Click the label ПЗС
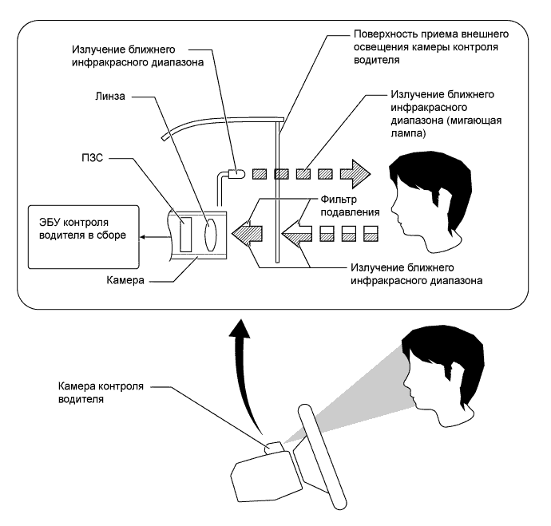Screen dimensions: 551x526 click(93, 158)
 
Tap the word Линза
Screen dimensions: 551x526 click(110, 97)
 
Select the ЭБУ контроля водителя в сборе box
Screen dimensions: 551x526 click(84, 237)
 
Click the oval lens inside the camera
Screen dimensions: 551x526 click(211, 235)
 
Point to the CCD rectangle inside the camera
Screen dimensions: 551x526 click(186, 235)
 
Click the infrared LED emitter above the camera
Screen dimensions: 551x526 click(236, 174)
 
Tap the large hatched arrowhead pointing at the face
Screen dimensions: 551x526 click(355, 174)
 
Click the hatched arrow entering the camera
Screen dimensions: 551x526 click(247, 234)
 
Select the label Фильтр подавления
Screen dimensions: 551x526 click(350, 206)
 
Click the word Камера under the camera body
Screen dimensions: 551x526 click(125, 280)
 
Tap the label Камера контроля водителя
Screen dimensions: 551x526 click(101, 393)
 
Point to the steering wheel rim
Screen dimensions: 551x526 click(322, 457)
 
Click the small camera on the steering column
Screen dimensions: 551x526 click(273, 447)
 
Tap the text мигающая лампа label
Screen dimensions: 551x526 click(446, 127)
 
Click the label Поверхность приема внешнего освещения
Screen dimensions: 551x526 click(431, 41)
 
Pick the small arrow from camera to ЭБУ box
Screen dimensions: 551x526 click(155, 237)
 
